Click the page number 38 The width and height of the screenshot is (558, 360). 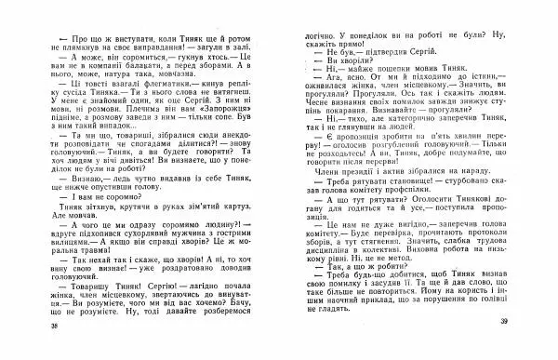tap(31, 351)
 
